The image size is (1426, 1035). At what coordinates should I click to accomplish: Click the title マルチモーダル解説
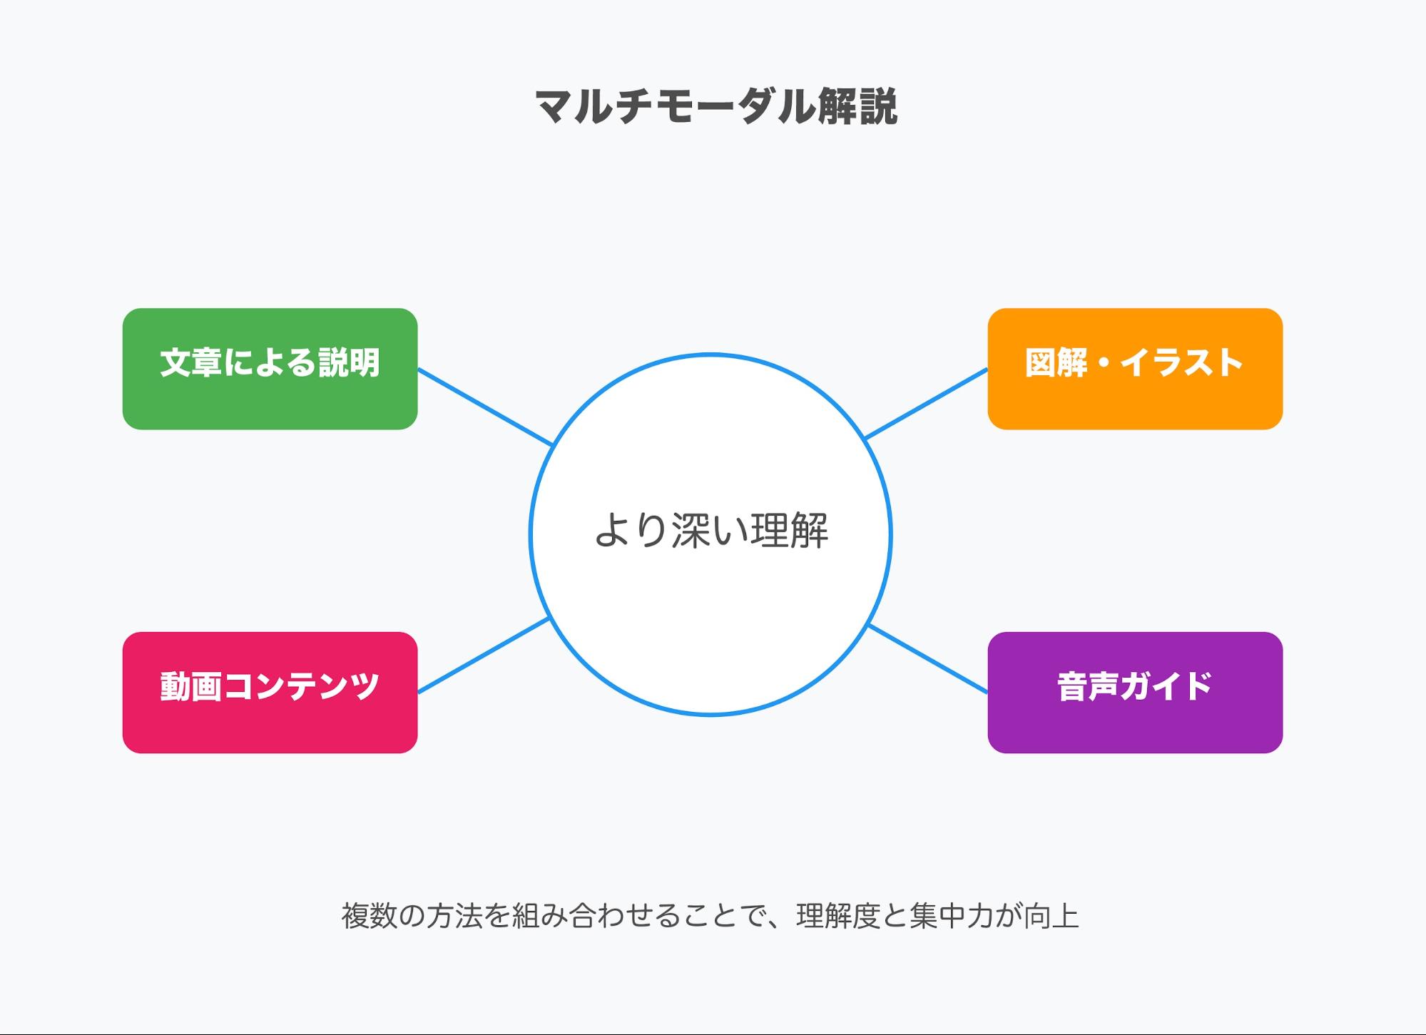[x=715, y=107]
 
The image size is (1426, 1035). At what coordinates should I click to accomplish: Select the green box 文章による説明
[x=270, y=369]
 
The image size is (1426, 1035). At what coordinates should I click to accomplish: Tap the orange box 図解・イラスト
[x=1135, y=369]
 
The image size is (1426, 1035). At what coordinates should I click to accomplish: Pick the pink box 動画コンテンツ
[x=270, y=693]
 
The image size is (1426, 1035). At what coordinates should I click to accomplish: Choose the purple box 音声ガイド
[x=1135, y=693]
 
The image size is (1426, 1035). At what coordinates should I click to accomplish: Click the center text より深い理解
[x=711, y=531]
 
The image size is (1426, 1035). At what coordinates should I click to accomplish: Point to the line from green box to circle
[x=486, y=407]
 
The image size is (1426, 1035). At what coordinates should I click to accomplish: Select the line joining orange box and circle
[x=926, y=404]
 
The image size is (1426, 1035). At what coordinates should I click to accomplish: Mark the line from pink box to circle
[x=484, y=655]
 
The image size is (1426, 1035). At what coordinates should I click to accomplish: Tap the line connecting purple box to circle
[x=928, y=658]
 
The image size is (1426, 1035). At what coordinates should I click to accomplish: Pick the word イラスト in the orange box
[x=1181, y=362]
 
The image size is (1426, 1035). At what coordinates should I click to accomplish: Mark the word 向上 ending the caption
[x=1051, y=916]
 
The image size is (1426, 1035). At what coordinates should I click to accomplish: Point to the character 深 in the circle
[x=691, y=531]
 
